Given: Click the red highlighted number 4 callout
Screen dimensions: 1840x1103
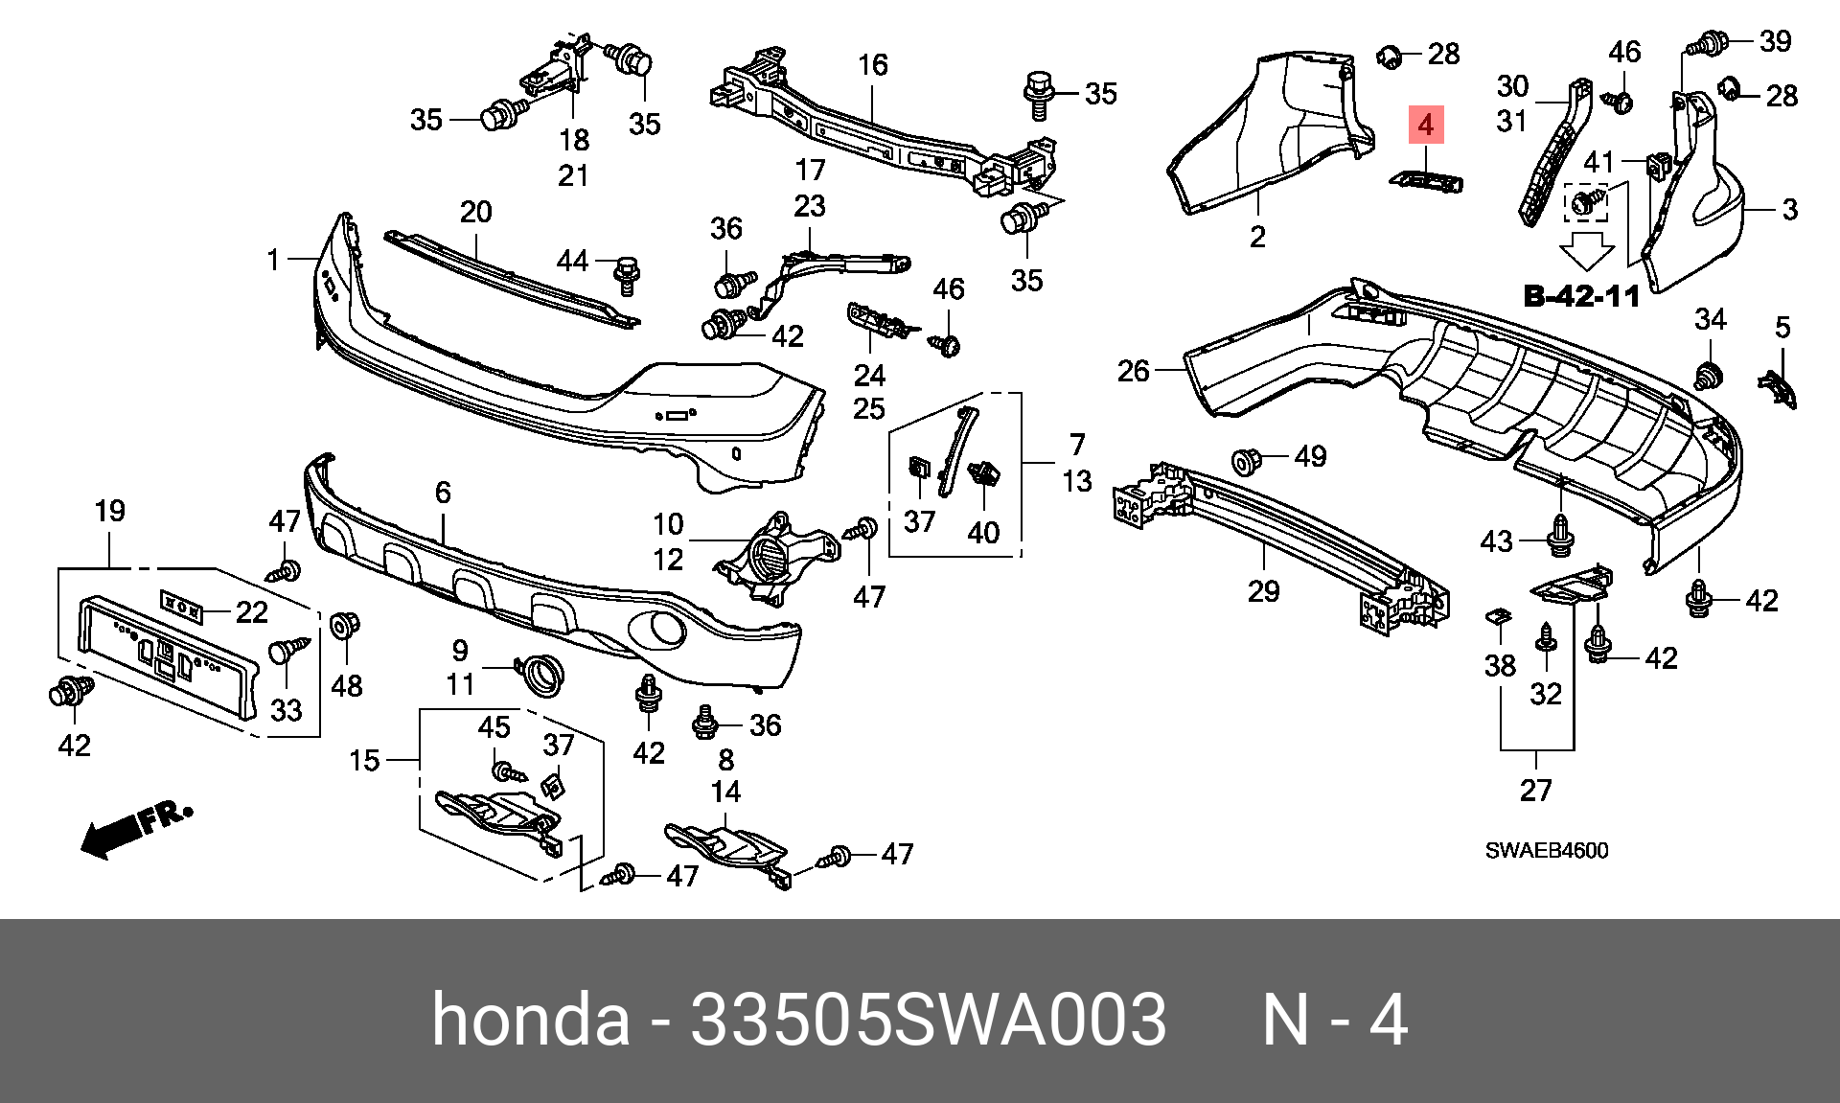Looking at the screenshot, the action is pyautogui.click(x=1426, y=126).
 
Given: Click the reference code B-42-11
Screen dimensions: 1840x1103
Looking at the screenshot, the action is pyautogui.click(x=1581, y=295).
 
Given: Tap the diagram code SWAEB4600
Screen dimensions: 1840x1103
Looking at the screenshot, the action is pyautogui.click(x=1547, y=850).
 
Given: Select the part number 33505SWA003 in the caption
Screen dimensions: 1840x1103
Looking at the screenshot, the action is pyautogui.click(x=928, y=1020).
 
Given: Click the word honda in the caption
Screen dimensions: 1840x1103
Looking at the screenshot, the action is pyautogui.click(x=531, y=1020).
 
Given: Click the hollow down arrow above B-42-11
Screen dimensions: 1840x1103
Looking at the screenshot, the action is pyautogui.click(x=1586, y=254).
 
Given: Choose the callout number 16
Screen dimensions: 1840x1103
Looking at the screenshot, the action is pyautogui.click(x=872, y=65).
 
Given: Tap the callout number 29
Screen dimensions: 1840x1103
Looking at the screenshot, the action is pyautogui.click(x=1263, y=591).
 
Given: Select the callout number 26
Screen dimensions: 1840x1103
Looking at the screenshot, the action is pyautogui.click(x=1134, y=370).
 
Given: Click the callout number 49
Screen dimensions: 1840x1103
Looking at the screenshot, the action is pyautogui.click(x=1310, y=456).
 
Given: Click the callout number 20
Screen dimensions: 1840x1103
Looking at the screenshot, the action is pyautogui.click(x=476, y=211).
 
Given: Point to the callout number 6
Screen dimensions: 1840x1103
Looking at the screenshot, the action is pyautogui.click(x=442, y=493).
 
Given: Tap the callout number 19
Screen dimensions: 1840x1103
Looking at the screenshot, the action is pyautogui.click(x=109, y=511).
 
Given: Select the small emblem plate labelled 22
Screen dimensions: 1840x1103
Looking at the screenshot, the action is pyautogui.click(x=180, y=606).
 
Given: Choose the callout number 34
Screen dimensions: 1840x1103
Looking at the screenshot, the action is pyautogui.click(x=1711, y=319).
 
